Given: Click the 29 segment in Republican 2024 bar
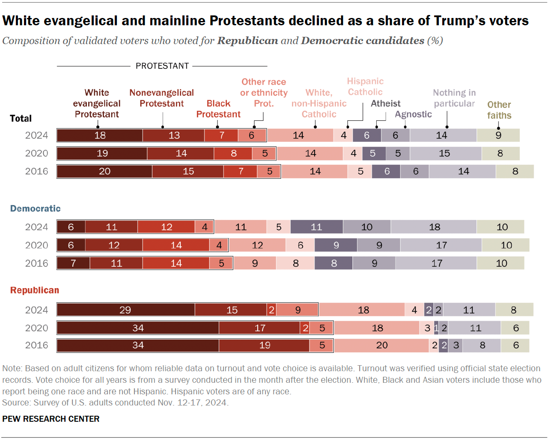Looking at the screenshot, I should [x=125, y=310].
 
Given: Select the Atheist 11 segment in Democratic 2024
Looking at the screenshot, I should [x=316, y=227].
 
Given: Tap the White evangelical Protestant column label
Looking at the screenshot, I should [x=97, y=104].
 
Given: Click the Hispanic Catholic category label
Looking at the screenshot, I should [x=365, y=86].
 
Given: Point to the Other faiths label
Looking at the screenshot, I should [x=499, y=110].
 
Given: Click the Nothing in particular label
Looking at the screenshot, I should [x=454, y=98].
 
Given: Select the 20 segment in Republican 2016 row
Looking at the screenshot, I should [x=381, y=345].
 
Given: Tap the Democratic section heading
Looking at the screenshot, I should [x=36, y=209].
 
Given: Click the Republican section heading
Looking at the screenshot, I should [x=35, y=290].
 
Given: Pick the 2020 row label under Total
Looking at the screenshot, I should [x=36, y=153].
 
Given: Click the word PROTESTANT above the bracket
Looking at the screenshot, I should [x=162, y=66].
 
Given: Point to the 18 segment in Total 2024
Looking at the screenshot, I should [x=100, y=135].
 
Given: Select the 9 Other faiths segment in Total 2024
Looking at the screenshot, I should [x=498, y=135].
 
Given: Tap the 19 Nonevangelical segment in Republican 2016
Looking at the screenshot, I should [x=264, y=345].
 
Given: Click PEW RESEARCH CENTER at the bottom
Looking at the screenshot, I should [x=51, y=419].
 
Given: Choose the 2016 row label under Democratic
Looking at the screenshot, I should [x=36, y=263].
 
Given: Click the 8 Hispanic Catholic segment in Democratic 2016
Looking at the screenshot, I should [x=295, y=263].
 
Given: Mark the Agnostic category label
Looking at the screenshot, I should [x=413, y=114].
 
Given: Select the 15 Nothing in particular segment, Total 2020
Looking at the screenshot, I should [x=445, y=153].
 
